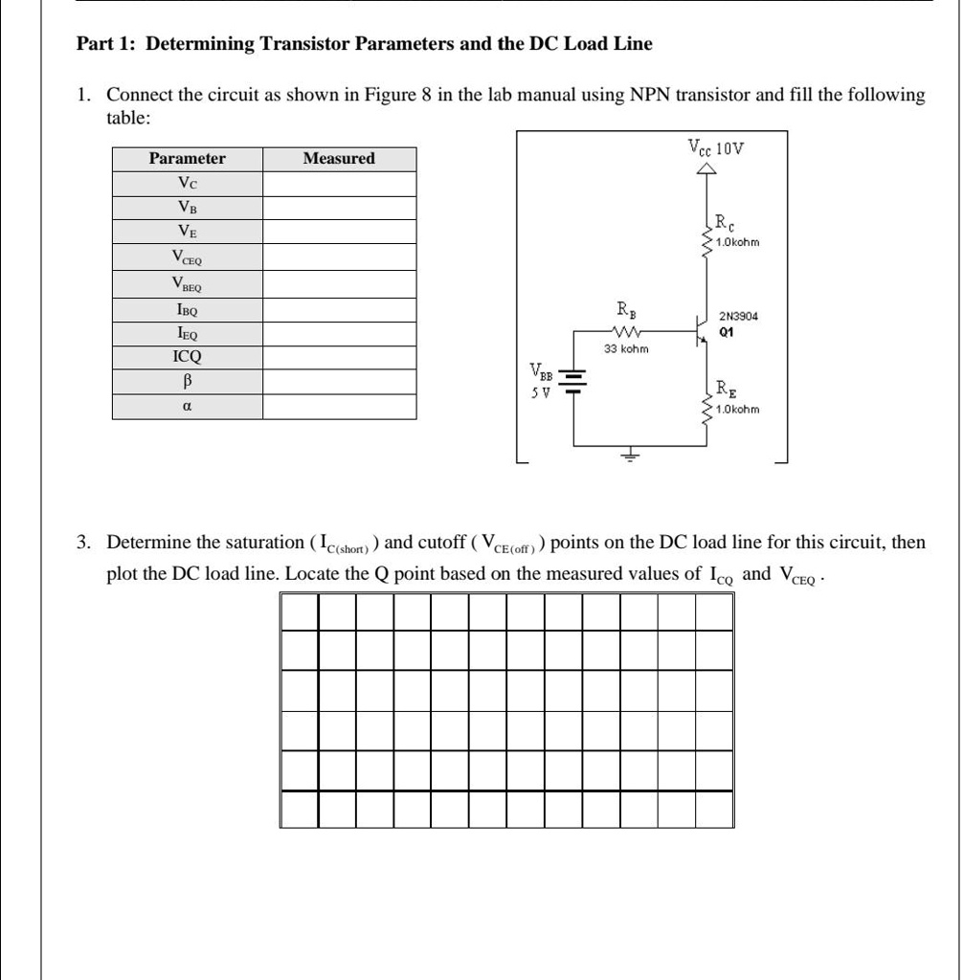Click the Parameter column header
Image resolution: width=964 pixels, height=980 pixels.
188,159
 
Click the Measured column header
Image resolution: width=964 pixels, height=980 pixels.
339,159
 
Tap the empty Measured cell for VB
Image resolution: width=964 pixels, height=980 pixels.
339,208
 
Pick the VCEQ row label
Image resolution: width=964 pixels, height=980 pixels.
188,256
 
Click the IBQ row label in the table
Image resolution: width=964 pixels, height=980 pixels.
188,310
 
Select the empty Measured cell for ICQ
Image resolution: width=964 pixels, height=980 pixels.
339,357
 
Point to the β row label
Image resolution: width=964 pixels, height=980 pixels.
188,381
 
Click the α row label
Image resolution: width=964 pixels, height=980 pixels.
188,406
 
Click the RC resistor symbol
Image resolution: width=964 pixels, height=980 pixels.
707,234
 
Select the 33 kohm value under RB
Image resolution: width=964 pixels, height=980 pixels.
626,349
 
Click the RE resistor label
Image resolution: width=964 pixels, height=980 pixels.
727,389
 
